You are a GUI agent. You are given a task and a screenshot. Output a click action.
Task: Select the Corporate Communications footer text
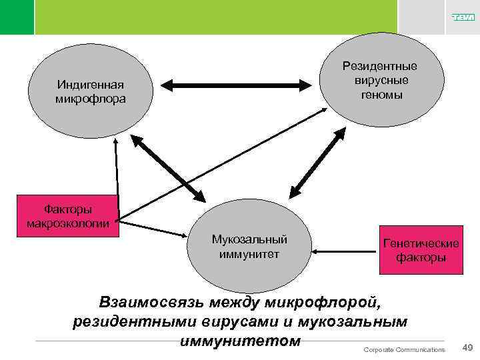(404, 350)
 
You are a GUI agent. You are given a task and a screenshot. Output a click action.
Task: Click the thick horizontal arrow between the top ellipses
(239, 85)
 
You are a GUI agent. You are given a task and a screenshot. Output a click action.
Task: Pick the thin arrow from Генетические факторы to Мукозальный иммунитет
(345, 251)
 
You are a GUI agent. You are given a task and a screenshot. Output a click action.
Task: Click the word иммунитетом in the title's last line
(240, 341)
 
